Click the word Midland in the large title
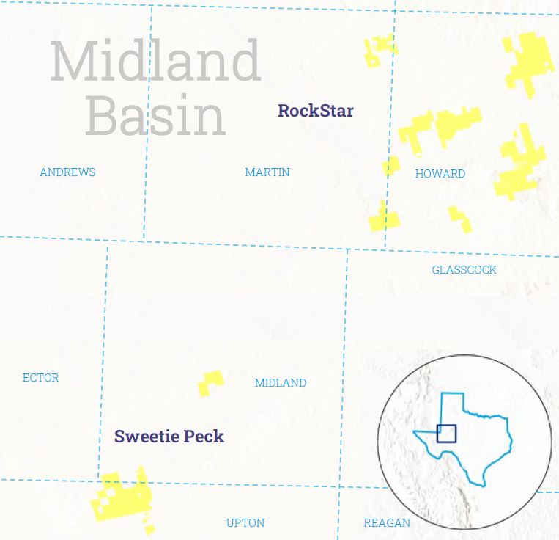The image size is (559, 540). point(155,62)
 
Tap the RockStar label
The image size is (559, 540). point(315,112)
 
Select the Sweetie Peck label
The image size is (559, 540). point(169,437)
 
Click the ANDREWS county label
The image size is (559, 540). point(67,172)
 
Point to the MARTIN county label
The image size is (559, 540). point(267,172)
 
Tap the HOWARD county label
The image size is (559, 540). point(440,174)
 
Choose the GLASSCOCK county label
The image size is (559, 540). point(464,270)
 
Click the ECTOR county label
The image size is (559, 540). point(41,378)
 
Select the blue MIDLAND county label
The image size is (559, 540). point(281,383)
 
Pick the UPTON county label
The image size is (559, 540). point(245,523)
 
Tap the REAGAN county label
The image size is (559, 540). point(387,523)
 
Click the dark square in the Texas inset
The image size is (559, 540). point(446,434)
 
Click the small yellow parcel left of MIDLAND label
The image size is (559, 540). point(210,382)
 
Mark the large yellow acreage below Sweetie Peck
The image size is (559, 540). point(122,497)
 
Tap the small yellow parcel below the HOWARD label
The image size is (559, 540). point(460,218)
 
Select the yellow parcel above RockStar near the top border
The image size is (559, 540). point(379,50)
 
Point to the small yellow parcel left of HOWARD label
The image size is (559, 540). point(391,166)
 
